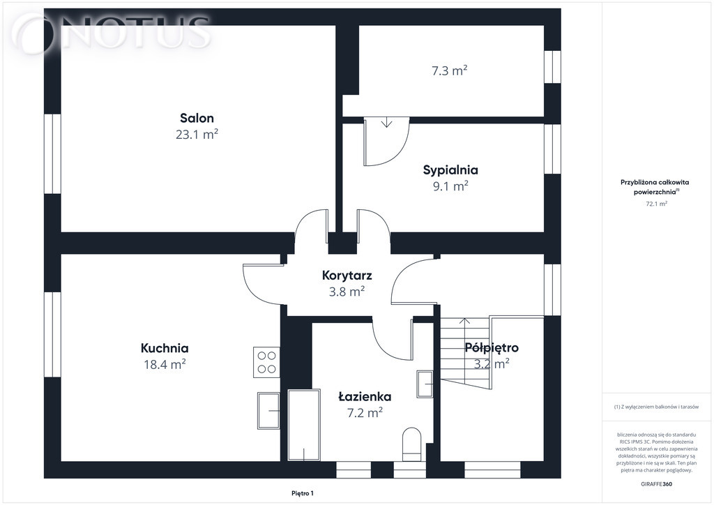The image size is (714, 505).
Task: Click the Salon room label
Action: (197, 119)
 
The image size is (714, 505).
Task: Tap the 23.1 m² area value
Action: (197, 135)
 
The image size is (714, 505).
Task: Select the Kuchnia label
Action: (165, 348)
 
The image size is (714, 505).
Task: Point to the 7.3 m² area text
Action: (450, 70)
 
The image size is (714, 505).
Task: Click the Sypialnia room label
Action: (450, 170)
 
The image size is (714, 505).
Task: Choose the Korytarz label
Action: (347, 276)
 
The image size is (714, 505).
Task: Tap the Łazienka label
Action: (365, 397)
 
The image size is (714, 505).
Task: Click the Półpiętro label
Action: (492, 348)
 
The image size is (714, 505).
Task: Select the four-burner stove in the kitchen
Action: (267, 362)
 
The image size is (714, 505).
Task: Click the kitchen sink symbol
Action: (268, 410)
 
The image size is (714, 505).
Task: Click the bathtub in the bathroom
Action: (304, 425)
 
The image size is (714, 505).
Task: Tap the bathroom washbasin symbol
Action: (425, 384)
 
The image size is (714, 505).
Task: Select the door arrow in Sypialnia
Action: (386, 122)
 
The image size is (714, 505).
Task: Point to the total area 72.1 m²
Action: (657, 204)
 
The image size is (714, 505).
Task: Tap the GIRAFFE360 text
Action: (656, 484)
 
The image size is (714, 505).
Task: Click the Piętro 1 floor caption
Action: (303, 493)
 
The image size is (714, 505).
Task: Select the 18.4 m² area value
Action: (165, 364)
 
